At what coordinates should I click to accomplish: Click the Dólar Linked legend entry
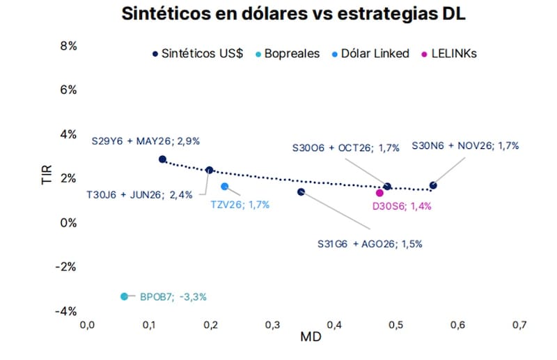[372, 54]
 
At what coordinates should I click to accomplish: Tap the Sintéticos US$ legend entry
[197, 54]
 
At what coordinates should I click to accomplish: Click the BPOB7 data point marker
[125, 296]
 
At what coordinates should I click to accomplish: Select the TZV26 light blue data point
[224, 186]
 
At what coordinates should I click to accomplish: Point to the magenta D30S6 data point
[379, 193]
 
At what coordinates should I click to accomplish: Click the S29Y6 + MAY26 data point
[162, 159]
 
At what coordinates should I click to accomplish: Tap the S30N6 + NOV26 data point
[433, 185]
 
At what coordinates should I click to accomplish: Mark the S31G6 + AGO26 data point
[301, 191]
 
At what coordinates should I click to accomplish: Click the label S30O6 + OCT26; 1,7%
[345, 148]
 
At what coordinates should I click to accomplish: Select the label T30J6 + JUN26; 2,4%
[139, 195]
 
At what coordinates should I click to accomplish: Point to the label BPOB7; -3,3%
[173, 297]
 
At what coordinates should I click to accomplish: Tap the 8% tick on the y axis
[68, 46]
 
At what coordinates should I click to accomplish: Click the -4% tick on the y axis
[66, 311]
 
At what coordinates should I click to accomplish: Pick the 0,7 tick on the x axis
[519, 324]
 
